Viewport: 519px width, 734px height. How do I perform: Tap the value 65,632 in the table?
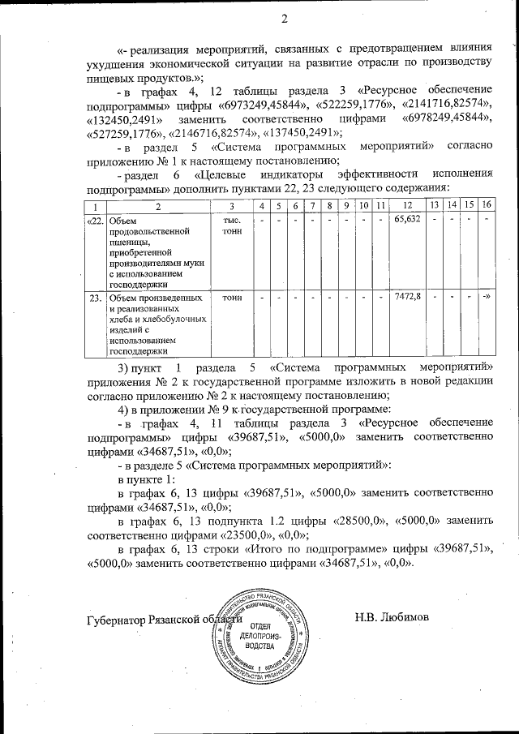click(x=407, y=220)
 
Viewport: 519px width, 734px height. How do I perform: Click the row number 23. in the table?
click(x=96, y=298)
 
